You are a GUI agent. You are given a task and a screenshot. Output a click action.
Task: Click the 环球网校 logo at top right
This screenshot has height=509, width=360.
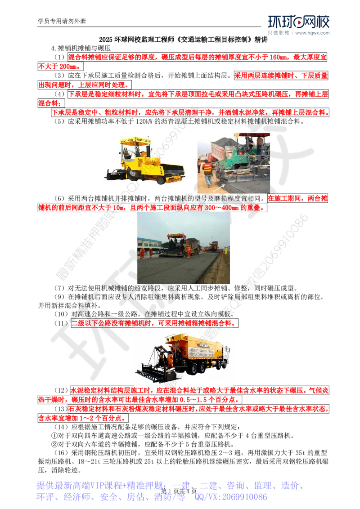299,22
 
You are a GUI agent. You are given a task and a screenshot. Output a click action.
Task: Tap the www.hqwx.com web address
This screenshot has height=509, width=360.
312,33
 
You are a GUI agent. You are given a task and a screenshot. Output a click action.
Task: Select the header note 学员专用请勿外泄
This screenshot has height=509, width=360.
62,21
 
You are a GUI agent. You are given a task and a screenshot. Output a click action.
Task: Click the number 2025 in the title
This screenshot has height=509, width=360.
106,40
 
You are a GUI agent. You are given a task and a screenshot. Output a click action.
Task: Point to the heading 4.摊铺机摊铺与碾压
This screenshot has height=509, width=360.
81,49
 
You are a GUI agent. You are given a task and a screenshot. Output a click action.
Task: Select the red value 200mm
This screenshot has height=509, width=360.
68,67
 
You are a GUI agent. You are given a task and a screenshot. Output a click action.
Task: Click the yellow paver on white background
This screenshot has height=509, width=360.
145,160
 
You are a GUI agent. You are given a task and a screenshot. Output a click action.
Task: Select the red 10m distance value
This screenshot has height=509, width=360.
117,208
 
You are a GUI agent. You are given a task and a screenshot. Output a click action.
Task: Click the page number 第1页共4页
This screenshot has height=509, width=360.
179,491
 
